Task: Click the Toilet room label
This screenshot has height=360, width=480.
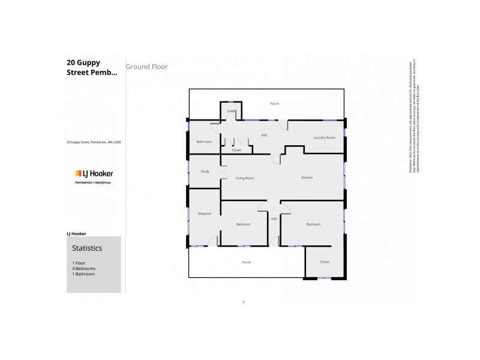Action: [x=231, y=111]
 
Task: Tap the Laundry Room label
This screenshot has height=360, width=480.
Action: [x=325, y=138]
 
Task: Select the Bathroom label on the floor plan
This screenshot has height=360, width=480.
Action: [x=204, y=142]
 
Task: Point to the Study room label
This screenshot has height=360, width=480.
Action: [x=204, y=172]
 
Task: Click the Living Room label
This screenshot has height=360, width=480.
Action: [x=245, y=178]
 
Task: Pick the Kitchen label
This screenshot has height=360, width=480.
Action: [x=307, y=178]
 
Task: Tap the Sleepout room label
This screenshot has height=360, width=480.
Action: [x=204, y=214]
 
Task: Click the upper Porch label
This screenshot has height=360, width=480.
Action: [x=274, y=104]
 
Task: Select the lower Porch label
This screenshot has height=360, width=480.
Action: [x=246, y=262]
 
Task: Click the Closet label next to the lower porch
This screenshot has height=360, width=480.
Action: [x=325, y=262]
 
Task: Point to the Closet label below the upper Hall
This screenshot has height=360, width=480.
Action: [x=236, y=150]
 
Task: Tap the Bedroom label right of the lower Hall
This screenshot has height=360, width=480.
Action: [x=313, y=224]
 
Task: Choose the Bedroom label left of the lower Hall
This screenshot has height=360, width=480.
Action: [x=242, y=224]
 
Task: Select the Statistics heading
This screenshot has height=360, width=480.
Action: [x=87, y=247]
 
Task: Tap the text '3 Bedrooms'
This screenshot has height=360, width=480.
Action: [x=83, y=268]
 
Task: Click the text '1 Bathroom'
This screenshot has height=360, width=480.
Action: [x=83, y=274]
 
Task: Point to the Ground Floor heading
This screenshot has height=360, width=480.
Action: [x=147, y=67]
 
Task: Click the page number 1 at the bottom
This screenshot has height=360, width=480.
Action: [x=244, y=302]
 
